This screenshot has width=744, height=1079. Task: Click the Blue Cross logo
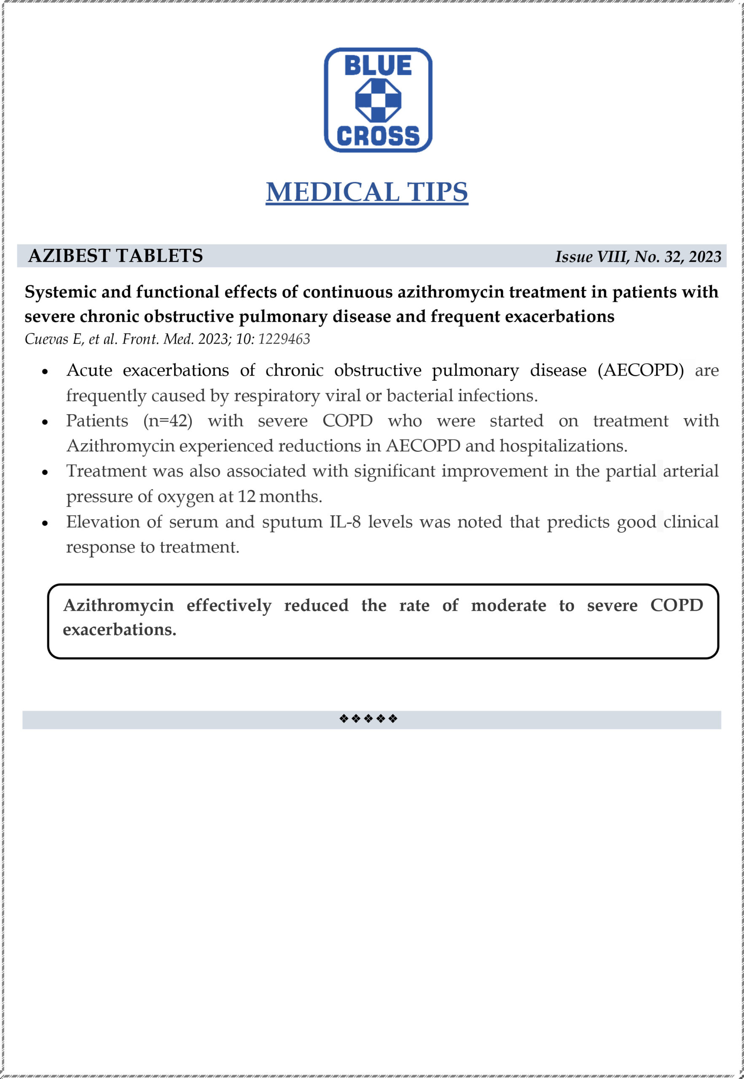pos(378,100)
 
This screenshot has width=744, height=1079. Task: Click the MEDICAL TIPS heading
pos(367,192)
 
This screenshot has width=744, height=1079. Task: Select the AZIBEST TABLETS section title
pos(115,256)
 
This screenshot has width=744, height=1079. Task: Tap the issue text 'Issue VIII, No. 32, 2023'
pos(638,257)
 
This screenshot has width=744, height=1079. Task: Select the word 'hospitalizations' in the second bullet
pos(563,446)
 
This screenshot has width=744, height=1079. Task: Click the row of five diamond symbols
pos(368,718)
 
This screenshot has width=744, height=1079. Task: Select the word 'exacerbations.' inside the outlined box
pos(119,630)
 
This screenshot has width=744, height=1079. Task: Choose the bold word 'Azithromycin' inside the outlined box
pos(118,605)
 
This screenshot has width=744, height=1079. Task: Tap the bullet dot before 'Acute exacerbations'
pos(45,372)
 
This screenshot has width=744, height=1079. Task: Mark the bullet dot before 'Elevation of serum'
pos(45,523)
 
